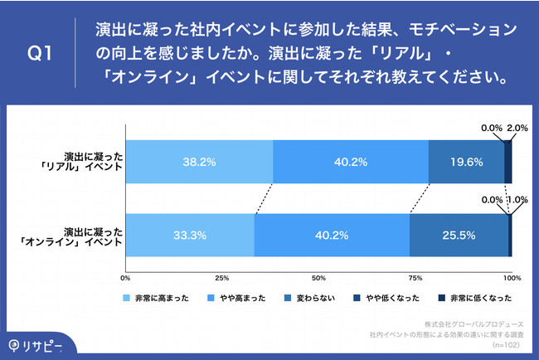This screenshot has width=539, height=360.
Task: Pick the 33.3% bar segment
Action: (x=190, y=235)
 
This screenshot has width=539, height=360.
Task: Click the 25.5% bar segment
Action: (x=459, y=235)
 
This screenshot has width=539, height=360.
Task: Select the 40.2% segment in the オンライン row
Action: (x=332, y=235)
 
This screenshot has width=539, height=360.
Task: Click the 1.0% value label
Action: (x=518, y=201)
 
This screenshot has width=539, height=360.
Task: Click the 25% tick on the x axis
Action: (x=222, y=277)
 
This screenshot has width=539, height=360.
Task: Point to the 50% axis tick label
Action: (x=318, y=277)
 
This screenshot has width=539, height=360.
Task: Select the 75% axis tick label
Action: (x=415, y=277)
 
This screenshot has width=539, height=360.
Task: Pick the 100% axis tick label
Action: (x=512, y=277)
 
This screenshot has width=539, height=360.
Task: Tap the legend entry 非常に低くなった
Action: (x=478, y=298)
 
